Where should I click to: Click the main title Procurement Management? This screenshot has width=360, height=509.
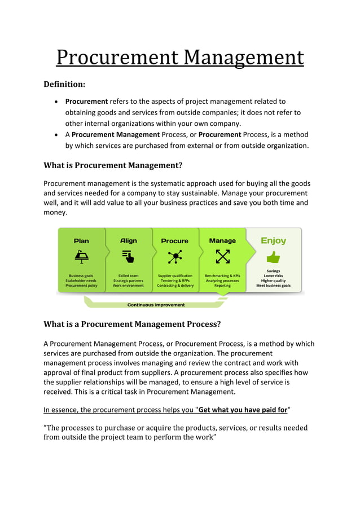click(180, 58)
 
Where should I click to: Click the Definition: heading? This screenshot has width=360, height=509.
click(64, 85)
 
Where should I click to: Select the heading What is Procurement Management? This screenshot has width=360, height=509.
click(113, 165)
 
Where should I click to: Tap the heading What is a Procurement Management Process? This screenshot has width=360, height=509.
click(132, 324)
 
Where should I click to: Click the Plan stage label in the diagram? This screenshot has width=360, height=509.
click(81, 241)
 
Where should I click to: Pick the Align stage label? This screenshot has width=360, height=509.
click(129, 241)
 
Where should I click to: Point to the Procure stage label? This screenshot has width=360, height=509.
click(175, 241)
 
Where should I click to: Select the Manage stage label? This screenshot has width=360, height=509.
click(222, 241)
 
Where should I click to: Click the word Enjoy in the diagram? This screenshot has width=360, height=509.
click(273, 241)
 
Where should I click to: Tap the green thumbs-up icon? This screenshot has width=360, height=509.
click(273, 257)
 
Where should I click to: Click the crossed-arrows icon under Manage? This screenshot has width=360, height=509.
click(222, 257)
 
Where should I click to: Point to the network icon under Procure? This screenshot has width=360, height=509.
click(175, 257)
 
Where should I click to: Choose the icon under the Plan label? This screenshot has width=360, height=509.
click(81, 257)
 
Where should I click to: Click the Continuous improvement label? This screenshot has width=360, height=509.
click(156, 305)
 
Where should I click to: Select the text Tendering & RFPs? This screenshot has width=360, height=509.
click(175, 280)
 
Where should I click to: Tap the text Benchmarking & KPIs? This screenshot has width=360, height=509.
click(222, 275)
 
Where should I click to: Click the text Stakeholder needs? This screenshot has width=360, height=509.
click(81, 280)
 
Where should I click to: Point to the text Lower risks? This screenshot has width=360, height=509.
click(273, 276)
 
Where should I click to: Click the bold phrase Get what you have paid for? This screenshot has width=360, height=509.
click(242, 410)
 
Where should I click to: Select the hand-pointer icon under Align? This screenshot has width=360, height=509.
click(129, 257)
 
